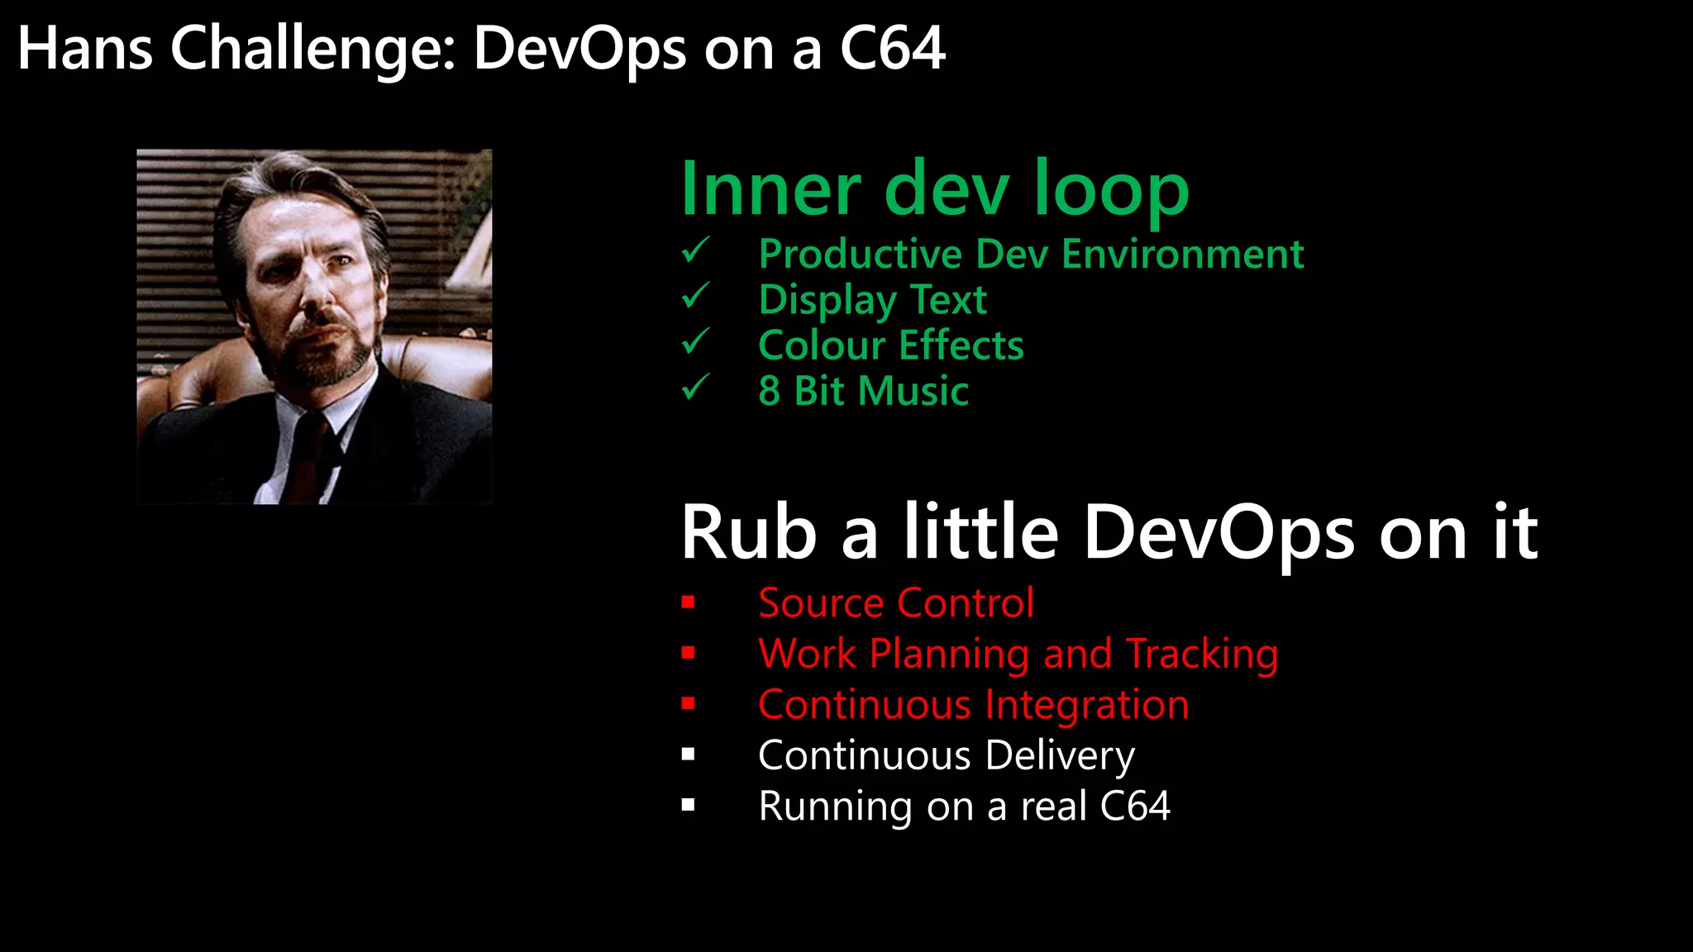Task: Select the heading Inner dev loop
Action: coord(934,190)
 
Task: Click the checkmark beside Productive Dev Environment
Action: coord(696,250)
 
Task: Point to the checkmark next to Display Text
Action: coord(696,295)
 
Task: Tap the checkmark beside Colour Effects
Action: coord(696,340)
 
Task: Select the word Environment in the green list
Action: coord(1183,254)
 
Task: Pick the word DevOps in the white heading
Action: coord(1219,533)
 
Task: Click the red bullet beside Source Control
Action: coord(689,602)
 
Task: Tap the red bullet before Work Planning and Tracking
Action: coord(689,654)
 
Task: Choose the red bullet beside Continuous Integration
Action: coord(689,704)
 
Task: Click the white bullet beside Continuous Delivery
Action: coord(689,754)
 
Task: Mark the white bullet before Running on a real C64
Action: coord(689,806)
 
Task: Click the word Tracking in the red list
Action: coord(1202,654)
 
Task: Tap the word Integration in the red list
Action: coord(1086,705)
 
